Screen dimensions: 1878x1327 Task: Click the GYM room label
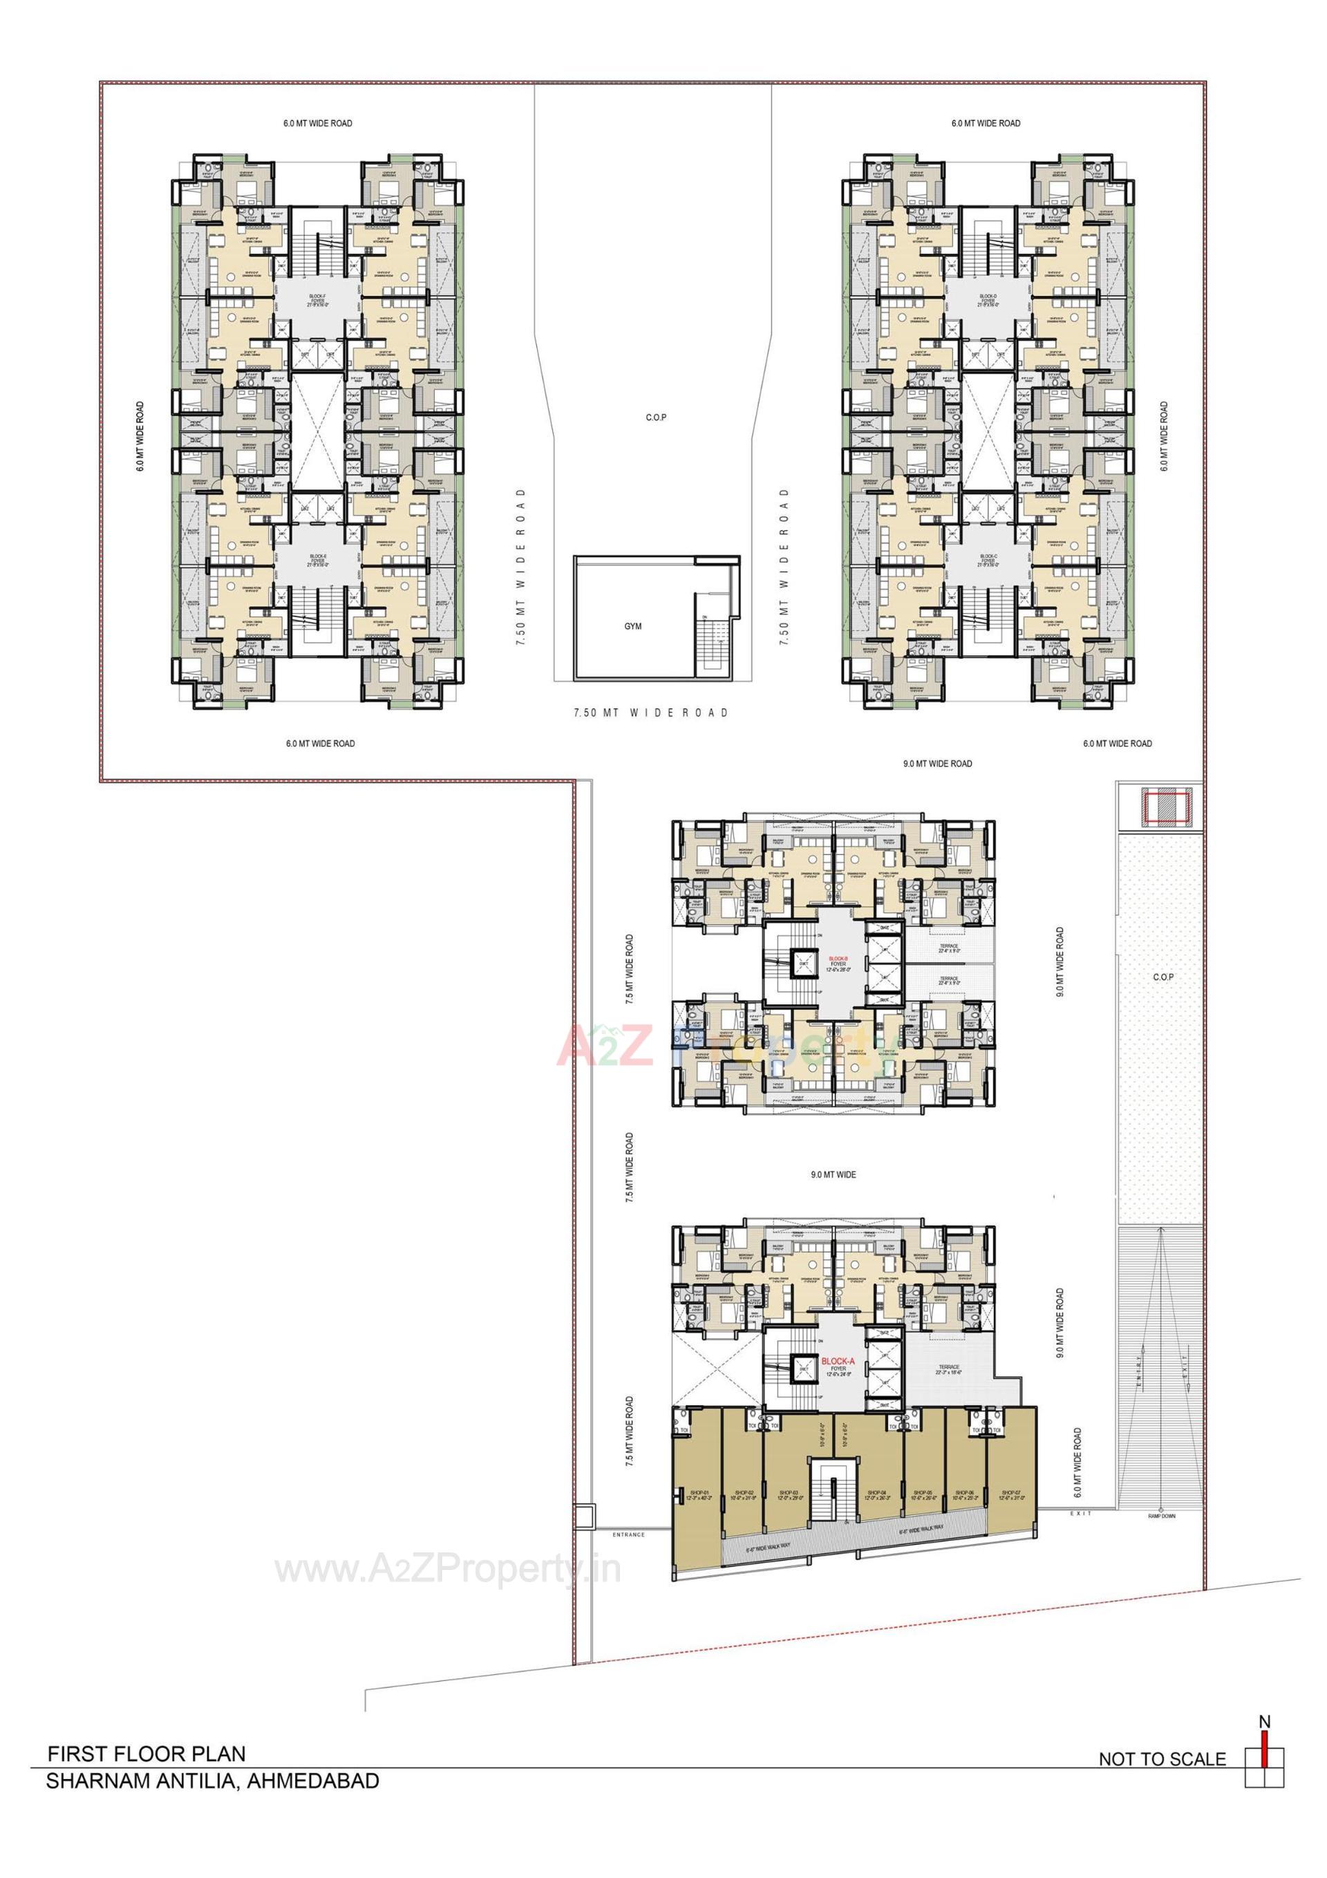[632, 626]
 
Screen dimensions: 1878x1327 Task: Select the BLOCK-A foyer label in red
[837, 1360]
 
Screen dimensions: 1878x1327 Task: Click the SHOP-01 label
[697, 1493]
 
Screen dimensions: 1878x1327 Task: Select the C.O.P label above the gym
[655, 418]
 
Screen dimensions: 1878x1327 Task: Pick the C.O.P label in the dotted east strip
[1163, 977]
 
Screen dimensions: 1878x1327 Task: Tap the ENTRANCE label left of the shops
[628, 1534]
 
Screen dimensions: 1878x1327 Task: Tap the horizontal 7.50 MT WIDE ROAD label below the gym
[650, 713]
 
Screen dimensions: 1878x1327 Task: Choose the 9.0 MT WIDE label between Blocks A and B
[833, 1174]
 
